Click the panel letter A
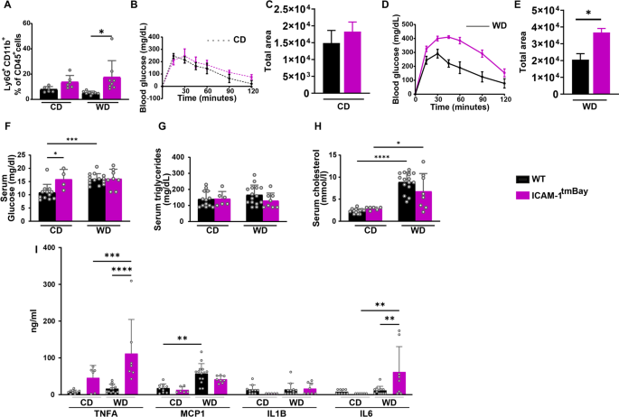(x=6, y=8)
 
